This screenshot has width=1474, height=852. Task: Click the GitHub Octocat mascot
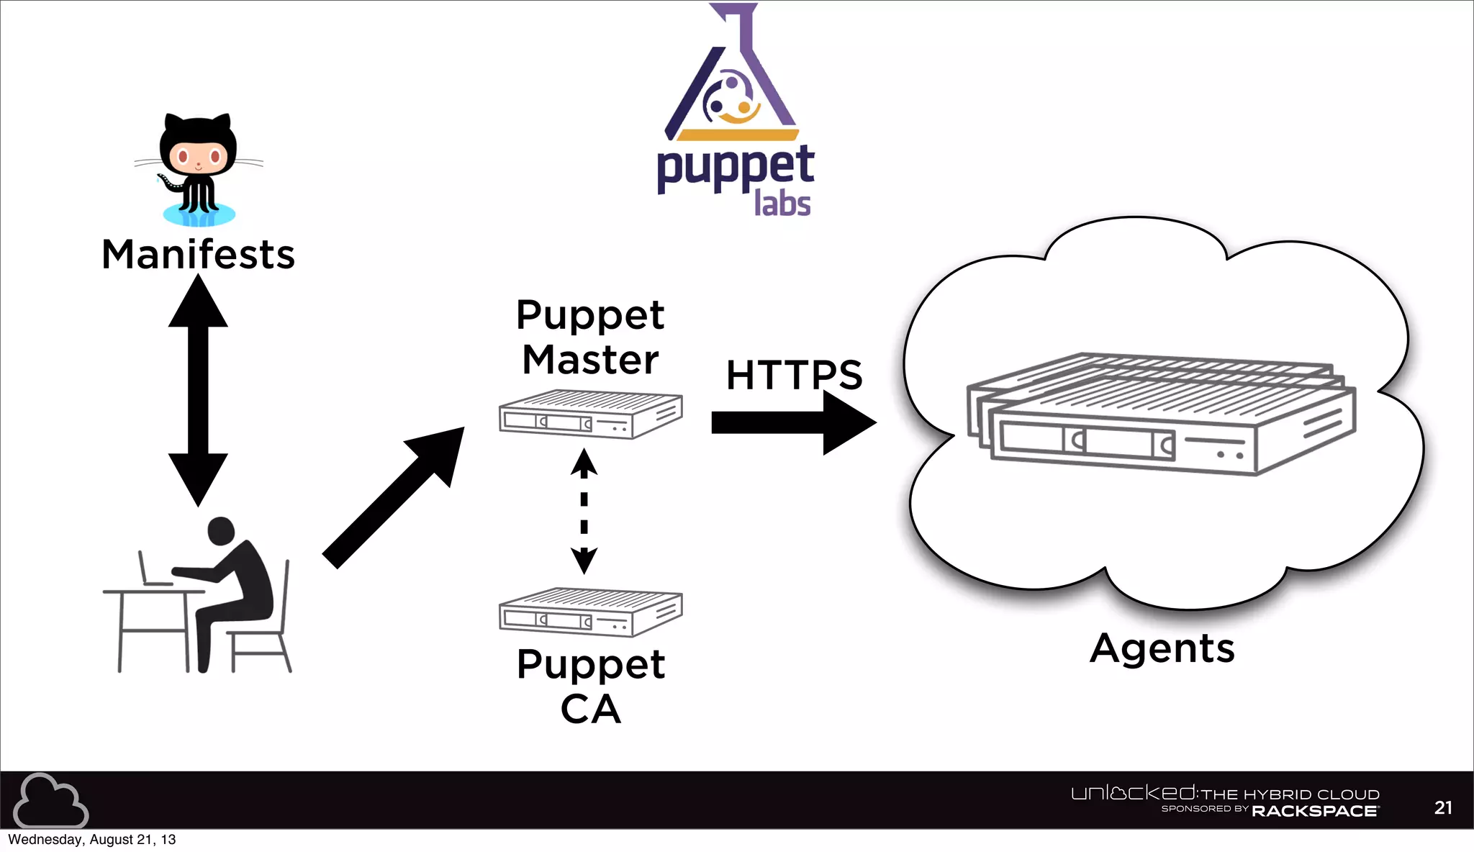click(x=199, y=169)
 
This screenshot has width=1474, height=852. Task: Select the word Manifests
click(x=199, y=255)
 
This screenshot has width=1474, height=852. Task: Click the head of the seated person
click(x=221, y=531)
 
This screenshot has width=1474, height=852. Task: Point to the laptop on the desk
click(x=152, y=570)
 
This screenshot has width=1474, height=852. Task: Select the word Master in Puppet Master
click(x=590, y=360)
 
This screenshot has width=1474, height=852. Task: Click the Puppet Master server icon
click(x=590, y=414)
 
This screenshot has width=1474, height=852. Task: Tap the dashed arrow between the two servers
click(x=584, y=512)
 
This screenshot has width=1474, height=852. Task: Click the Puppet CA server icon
click(x=590, y=612)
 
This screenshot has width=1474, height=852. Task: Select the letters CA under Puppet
click(x=590, y=710)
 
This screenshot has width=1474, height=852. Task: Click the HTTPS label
click(x=794, y=375)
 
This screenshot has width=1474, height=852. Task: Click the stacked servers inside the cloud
click(x=1160, y=414)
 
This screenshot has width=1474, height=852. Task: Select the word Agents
click(x=1162, y=648)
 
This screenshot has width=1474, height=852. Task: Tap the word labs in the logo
click(x=782, y=204)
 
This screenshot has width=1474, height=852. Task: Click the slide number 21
click(x=1442, y=807)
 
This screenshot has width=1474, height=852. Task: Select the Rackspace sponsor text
click(x=1314, y=811)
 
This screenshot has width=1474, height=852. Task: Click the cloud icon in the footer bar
click(x=50, y=801)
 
